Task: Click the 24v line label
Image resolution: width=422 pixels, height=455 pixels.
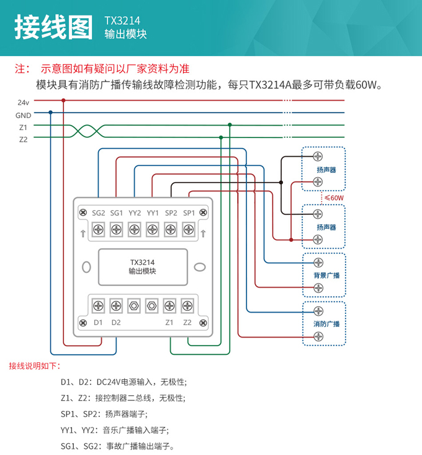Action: pos(24,102)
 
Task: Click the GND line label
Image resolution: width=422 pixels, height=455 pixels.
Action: pos(24,115)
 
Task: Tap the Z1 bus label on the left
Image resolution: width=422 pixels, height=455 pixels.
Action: pos(23,127)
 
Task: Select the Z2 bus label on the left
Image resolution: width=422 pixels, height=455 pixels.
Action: pos(23,140)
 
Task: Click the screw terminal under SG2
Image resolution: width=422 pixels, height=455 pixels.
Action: pos(98,231)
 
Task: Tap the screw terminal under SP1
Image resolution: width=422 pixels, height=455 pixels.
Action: pos(189,231)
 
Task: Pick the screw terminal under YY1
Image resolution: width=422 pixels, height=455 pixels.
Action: pos(152,231)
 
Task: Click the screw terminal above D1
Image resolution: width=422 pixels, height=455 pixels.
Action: pos(98,306)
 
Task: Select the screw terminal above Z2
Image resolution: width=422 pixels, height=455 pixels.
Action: pos(187,306)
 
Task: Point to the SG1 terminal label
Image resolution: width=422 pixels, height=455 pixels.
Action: pos(116,213)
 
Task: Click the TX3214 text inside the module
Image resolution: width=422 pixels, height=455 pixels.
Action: pos(142,262)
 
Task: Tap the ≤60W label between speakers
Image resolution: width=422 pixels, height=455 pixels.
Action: pos(334,198)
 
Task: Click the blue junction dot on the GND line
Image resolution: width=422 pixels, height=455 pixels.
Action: pos(50,113)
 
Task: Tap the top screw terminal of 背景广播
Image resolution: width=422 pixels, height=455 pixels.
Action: pos(318,262)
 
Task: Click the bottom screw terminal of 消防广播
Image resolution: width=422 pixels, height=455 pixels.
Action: pos(318,336)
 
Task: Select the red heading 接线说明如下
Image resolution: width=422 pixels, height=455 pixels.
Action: pos(35,366)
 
